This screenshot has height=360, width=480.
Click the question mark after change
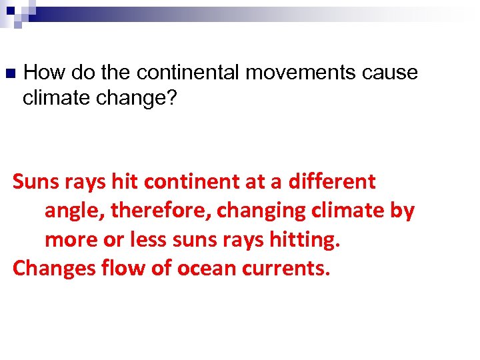click(171, 98)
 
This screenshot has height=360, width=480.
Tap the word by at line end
click(402, 211)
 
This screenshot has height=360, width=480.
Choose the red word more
click(70, 240)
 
